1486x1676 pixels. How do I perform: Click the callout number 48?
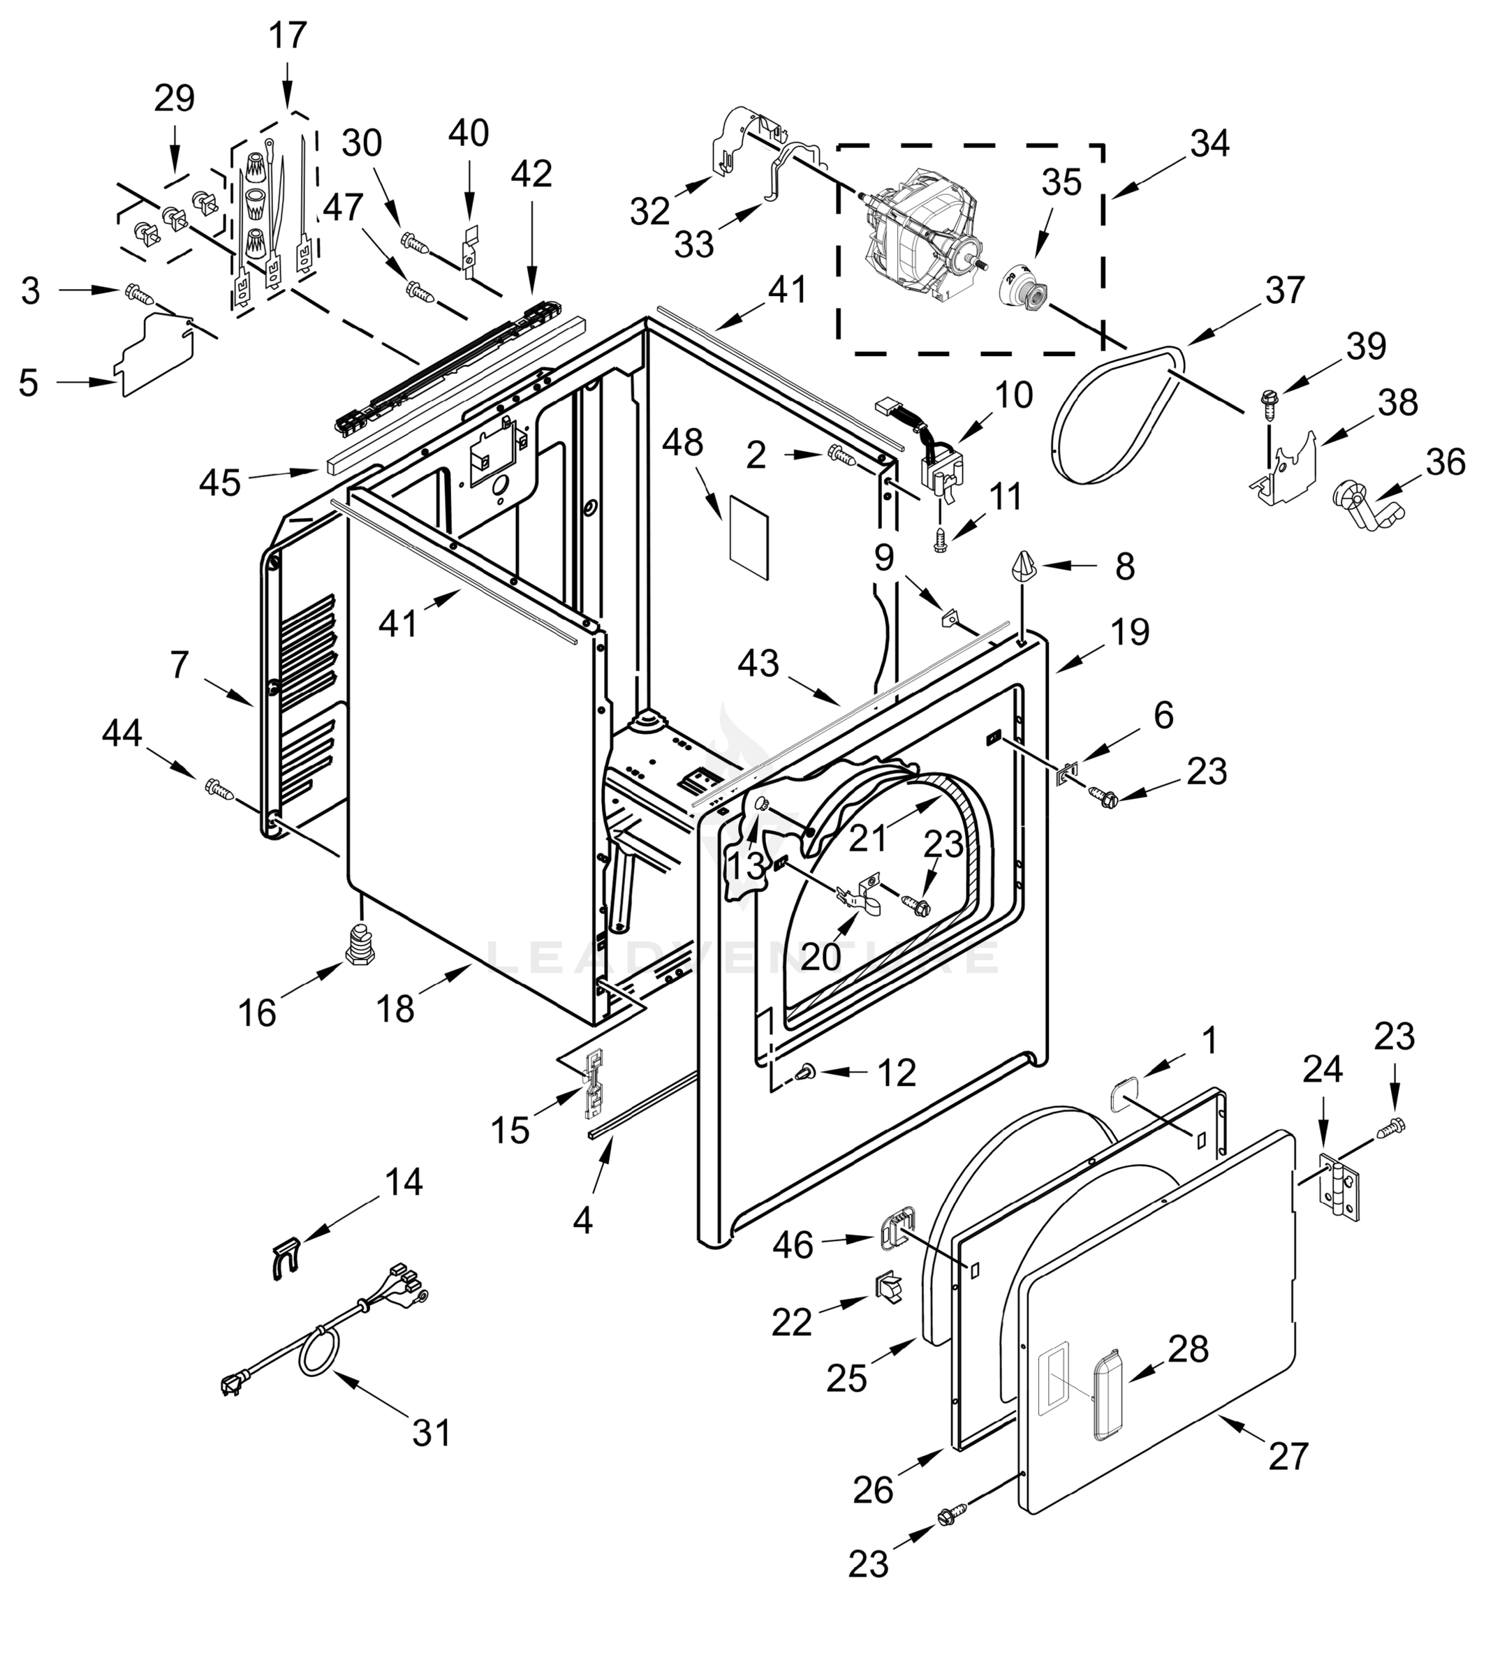pos(682,443)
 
